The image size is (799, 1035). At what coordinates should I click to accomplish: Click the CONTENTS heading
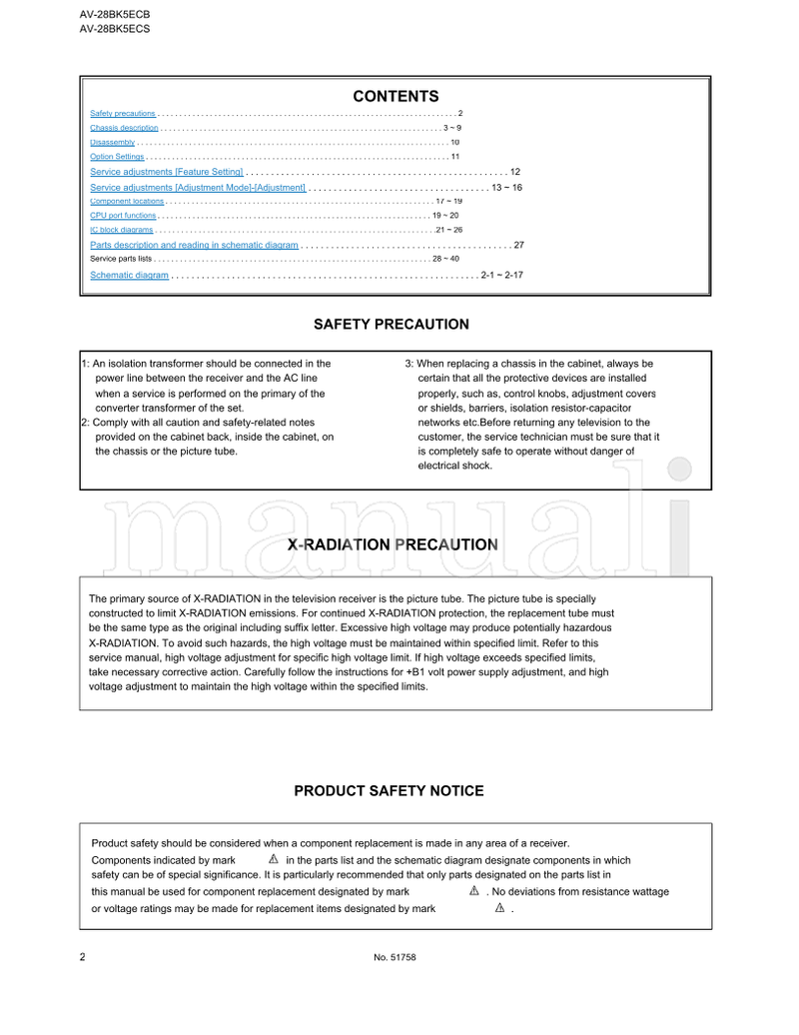tap(396, 97)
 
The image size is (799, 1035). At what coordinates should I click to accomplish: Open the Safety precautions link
tap(122, 113)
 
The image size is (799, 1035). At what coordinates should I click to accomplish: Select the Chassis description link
tap(124, 128)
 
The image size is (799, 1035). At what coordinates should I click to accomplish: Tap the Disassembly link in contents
tap(112, 143)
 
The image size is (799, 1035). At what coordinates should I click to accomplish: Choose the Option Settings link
tap(117, 157)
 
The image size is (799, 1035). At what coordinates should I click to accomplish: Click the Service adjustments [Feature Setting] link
tap(166, 172)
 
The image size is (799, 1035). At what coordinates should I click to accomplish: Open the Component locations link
tap(127, 201)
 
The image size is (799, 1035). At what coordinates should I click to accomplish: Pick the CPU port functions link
tap(123, 216)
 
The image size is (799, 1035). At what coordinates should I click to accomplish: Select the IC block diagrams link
tap(121, 230)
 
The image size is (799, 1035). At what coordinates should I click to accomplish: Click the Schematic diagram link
tap(129, 275)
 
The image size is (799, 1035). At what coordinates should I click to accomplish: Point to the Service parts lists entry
tap(121, 259)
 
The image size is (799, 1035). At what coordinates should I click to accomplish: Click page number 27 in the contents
tap(518, 245)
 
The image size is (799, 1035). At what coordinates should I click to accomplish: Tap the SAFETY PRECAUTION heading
tap(391, 325)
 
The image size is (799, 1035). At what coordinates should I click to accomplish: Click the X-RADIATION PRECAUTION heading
tap(393, 545)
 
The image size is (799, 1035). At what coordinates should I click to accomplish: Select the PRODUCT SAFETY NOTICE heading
tap(389, 791)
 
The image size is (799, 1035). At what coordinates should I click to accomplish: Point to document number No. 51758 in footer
tap(395, 958)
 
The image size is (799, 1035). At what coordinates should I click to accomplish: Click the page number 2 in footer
tap(82, 957)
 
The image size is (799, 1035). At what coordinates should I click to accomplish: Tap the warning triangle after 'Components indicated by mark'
tap(273, 859)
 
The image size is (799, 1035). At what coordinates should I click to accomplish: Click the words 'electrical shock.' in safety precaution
tap(454, 466)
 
